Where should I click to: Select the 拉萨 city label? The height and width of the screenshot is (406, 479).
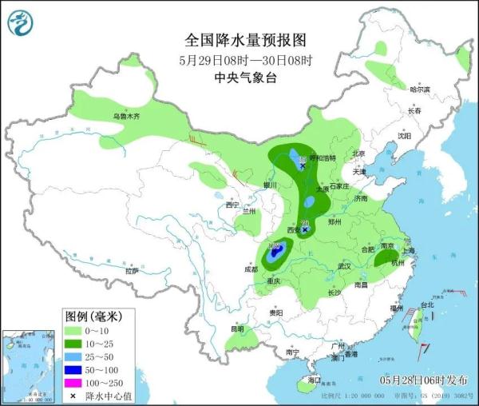pos(132,271)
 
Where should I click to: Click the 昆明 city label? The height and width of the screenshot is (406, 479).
pos(237,328)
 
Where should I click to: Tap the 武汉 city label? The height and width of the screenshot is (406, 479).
pos(344,265)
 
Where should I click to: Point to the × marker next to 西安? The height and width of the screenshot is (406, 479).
pos(305,229)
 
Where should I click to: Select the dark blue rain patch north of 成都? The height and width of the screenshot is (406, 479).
pos(275,254)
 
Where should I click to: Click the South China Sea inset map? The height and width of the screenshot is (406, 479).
pos(30,364)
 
